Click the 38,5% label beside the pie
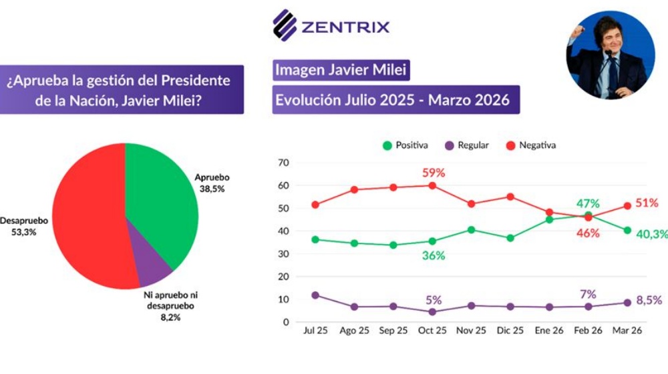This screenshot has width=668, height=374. click(x=211, y=189)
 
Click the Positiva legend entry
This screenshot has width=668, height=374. click(x=405, y=145)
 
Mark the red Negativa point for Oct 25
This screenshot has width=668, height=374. click(x=432, y=185)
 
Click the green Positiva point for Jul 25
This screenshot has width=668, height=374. click(x=315, y=239)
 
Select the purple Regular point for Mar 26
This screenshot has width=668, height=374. click(x=627, y=303)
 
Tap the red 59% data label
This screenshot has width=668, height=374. click(x=434, y=173)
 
